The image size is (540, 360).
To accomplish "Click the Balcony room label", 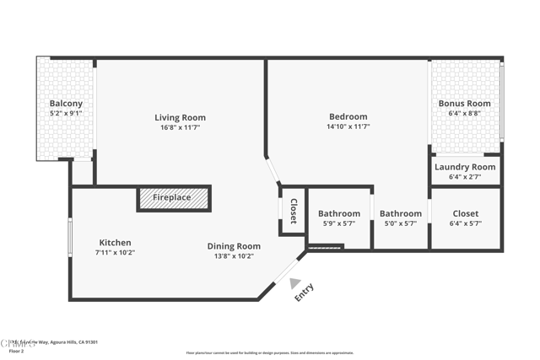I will [66, 104].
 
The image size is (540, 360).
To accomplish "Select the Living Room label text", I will [180, 117].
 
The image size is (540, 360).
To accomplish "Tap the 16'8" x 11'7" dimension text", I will [180, 127].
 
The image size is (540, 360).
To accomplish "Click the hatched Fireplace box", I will [173, 198].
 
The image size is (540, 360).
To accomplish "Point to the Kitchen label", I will [115, 243].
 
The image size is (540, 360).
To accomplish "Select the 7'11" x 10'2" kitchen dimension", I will [115, 253].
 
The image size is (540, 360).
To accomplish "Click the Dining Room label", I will [234, 246].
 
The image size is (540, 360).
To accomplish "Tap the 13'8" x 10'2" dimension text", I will [234, 256].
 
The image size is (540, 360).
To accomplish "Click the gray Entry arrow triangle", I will [294, 283].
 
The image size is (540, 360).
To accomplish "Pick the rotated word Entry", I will [304, 293].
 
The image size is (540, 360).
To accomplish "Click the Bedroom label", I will [348, 116].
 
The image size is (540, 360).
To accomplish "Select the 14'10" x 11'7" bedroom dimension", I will [348, 126].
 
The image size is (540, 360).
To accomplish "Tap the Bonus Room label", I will [464, 104].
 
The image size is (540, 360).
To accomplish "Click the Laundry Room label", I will [464, 167].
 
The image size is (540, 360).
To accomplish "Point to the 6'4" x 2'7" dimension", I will [464, 177].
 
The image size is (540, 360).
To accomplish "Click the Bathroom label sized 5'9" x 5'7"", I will [339, 214].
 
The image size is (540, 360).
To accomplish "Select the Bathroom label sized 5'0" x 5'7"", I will [400, 214].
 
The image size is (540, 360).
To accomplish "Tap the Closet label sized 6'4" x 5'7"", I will [465, 214].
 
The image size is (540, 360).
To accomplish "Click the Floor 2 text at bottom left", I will [16, 351].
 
